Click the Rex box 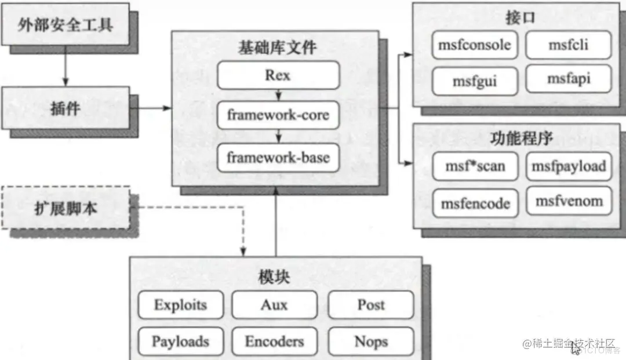[278, 75]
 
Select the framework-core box [278, 115]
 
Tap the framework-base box [278, 157]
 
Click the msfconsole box [475, 45]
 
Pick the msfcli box [568, 45]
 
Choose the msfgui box [475, 81]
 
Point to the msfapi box [568, 79]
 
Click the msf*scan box [475, 167]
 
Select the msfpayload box [568, 167]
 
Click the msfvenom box [568, 201]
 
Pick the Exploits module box [180, 305]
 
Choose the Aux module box [274, 305]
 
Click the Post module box [371, 305]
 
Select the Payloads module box [180, 341]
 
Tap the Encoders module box [274, 341]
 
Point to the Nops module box [371, 341]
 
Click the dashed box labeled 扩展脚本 [65, 207]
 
